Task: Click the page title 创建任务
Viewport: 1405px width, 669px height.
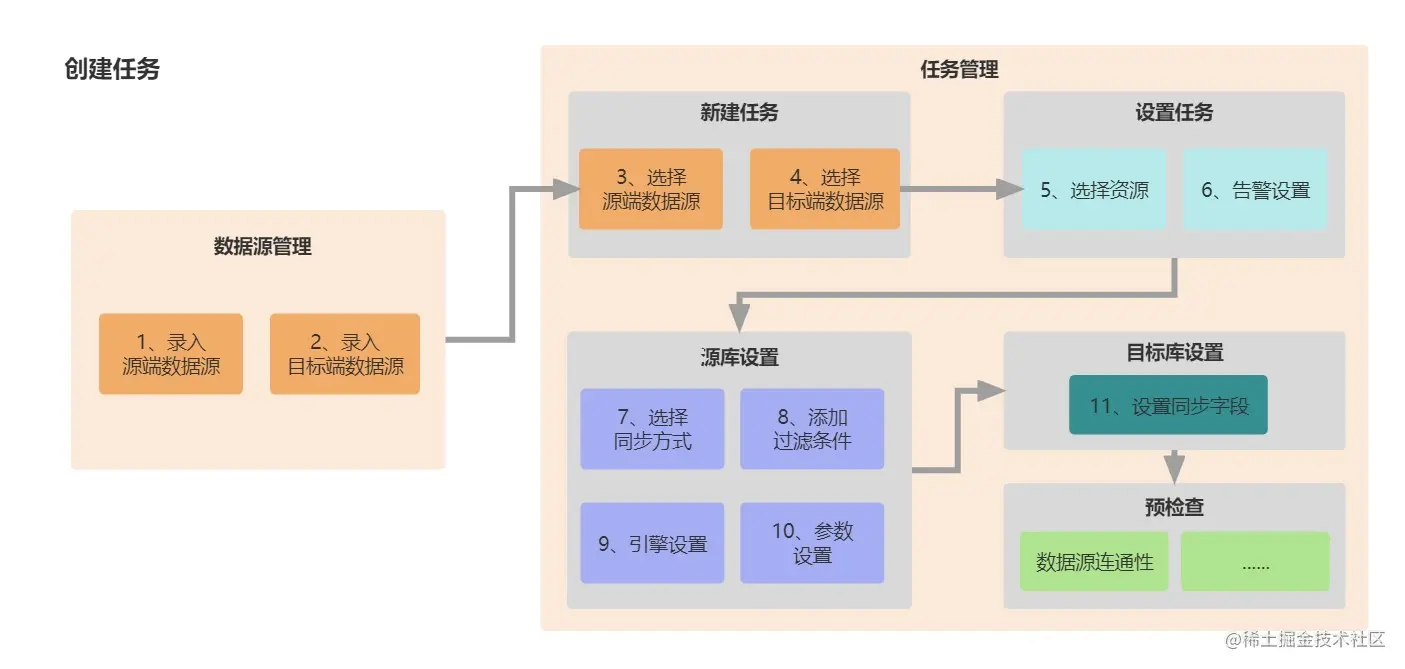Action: [112, 69]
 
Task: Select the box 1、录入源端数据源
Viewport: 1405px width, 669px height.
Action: [171, 354]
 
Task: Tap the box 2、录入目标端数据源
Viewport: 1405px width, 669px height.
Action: [345, 354]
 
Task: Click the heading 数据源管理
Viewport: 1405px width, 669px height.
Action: [262, 246]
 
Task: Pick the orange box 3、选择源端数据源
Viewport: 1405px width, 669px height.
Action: [651, 189]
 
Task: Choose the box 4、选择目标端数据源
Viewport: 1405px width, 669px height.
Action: [825, 189]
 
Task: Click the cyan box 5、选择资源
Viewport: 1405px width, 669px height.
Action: [1094, 190]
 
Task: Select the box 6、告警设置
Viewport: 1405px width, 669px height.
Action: [1256, 190]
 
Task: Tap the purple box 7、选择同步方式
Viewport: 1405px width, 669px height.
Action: [652, 429]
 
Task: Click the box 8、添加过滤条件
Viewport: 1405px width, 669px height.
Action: [812, 429]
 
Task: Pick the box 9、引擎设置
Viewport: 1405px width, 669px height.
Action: [652, 543]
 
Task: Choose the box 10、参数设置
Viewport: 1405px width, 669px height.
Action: [812, 543]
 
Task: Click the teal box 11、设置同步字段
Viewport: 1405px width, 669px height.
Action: [1168, 405]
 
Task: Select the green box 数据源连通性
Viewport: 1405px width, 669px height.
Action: [1094, 561]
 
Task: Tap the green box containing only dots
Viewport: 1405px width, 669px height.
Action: [1255, 561]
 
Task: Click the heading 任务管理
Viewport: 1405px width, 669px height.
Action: [959, 69]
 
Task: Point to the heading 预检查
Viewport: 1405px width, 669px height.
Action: [1174, 507]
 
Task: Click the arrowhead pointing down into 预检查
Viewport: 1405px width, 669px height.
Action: [1175, 470]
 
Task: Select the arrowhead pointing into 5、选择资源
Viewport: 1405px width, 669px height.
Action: [1010, 190]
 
